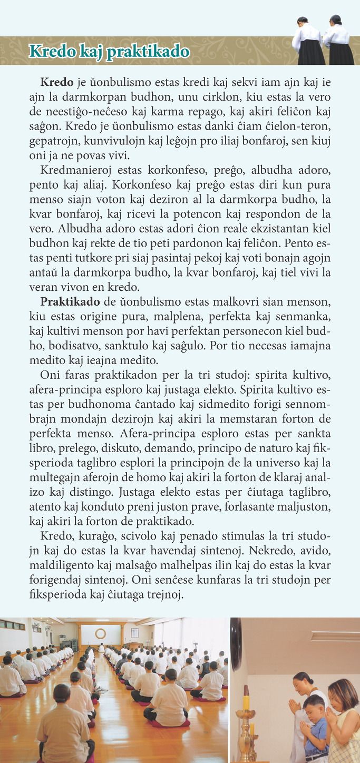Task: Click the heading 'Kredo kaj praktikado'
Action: tap(109, 52)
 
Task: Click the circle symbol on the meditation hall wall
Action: tap(100, 633)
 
